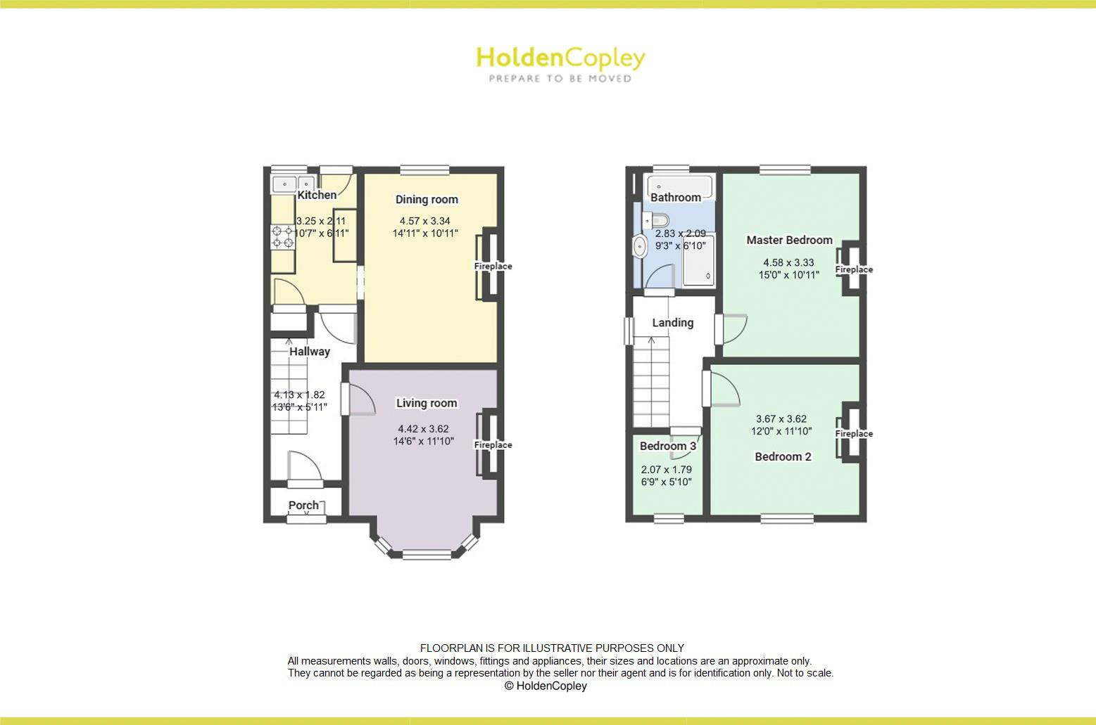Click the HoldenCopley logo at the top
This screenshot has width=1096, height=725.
560,63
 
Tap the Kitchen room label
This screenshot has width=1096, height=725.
317,195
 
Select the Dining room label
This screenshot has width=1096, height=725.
427,200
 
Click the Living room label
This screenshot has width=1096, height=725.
427,403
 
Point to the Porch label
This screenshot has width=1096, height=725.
303,505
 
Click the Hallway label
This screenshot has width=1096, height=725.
310,352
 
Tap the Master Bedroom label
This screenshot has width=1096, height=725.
789,240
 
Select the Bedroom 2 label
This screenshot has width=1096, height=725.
783,456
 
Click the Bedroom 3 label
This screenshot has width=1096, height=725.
668,446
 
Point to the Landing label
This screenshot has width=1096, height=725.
672,323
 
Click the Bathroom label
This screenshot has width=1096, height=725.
676,198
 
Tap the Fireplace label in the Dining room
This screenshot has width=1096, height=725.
493,267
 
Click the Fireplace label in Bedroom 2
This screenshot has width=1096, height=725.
854,434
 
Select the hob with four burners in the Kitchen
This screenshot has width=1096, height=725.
284,237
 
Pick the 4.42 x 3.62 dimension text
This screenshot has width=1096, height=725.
423,429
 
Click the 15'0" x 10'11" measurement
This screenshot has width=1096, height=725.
788,275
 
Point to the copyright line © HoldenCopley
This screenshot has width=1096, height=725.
546,686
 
